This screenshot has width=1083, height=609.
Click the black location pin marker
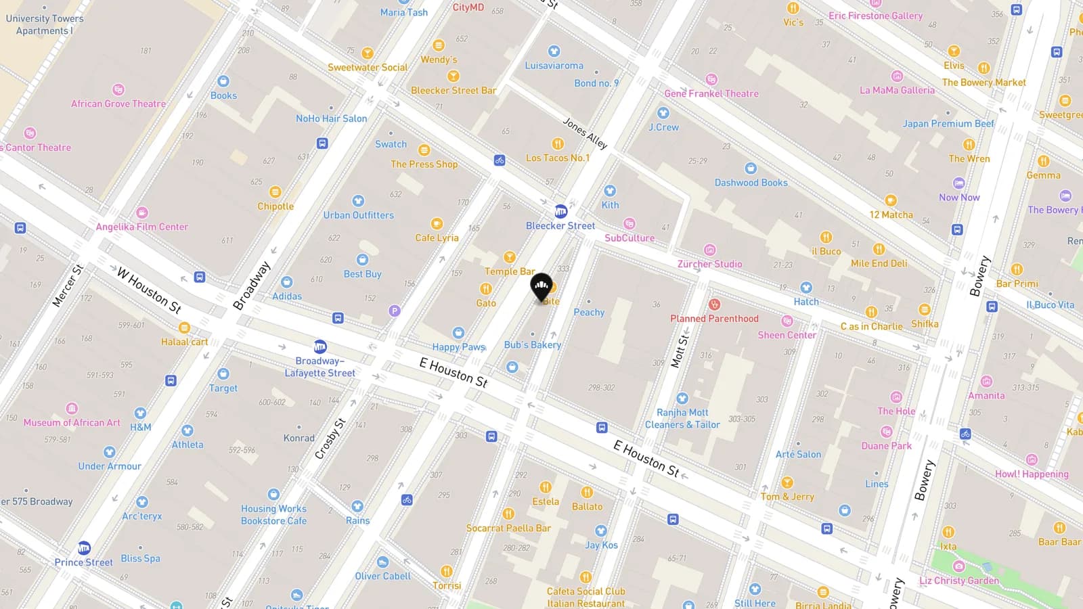[541, 288]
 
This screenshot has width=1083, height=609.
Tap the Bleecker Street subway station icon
[560, 211]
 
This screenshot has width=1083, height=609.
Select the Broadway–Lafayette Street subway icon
[320, 346]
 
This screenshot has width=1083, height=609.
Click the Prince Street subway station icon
[84, 547]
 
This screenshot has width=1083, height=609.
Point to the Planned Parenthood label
[714, 319]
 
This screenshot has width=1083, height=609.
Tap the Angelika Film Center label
[141, 227]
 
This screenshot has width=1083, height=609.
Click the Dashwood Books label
[751, 183]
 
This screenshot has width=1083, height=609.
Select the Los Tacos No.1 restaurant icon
[558, 143]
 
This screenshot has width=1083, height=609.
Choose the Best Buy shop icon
[362, 259]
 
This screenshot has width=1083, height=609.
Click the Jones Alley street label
[585, 133]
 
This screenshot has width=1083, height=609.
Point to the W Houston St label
[149, 290]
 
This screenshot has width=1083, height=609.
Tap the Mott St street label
[679, 351]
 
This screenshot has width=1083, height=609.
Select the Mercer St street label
[67, 285]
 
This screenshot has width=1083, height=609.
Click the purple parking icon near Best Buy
[394, 311]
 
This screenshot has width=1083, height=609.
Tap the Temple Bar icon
[509, 257]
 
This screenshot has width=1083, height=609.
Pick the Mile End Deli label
[879, 263]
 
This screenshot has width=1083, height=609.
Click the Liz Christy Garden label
[958, 581]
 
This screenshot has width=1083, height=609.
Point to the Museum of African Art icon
[72, 409]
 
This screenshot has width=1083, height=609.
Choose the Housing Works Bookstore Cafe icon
[273, 495]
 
